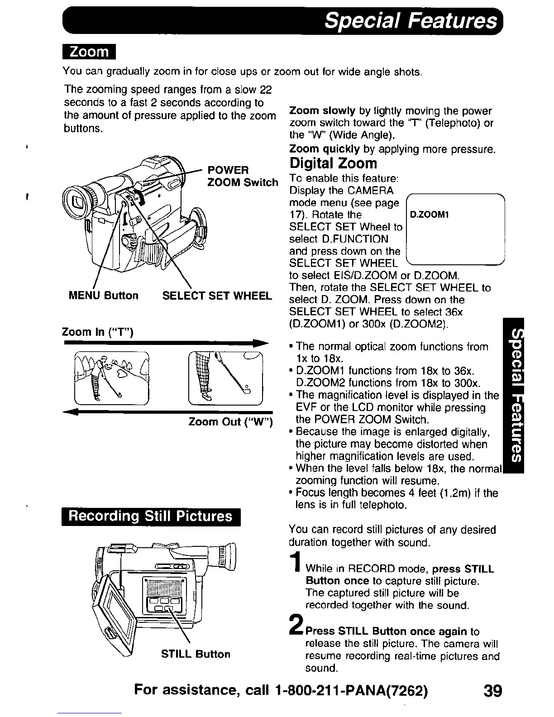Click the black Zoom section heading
[x=89, y=52]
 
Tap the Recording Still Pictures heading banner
[x=150, y=516]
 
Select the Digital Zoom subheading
[x=333, y=163]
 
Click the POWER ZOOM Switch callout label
[x=242, y=176]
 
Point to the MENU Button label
[x=103, y=296]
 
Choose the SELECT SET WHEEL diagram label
[x=217, y=296]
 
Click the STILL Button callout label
[x=196, y=654]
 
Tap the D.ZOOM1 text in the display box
[x=429, y=215]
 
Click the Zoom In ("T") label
[x=97, y=332]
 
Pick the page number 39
[x=492, y=691]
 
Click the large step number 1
[x=296, y=569]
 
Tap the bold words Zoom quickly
[x=324, y=149]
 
